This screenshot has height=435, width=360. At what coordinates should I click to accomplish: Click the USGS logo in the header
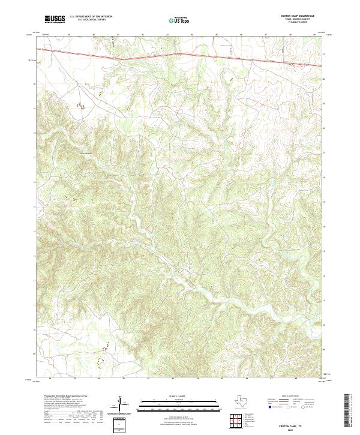55,20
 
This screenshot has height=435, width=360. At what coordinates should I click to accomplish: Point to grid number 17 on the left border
34,154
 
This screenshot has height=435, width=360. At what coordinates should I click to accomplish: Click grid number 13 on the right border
324,253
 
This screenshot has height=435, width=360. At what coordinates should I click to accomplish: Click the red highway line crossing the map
180,54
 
